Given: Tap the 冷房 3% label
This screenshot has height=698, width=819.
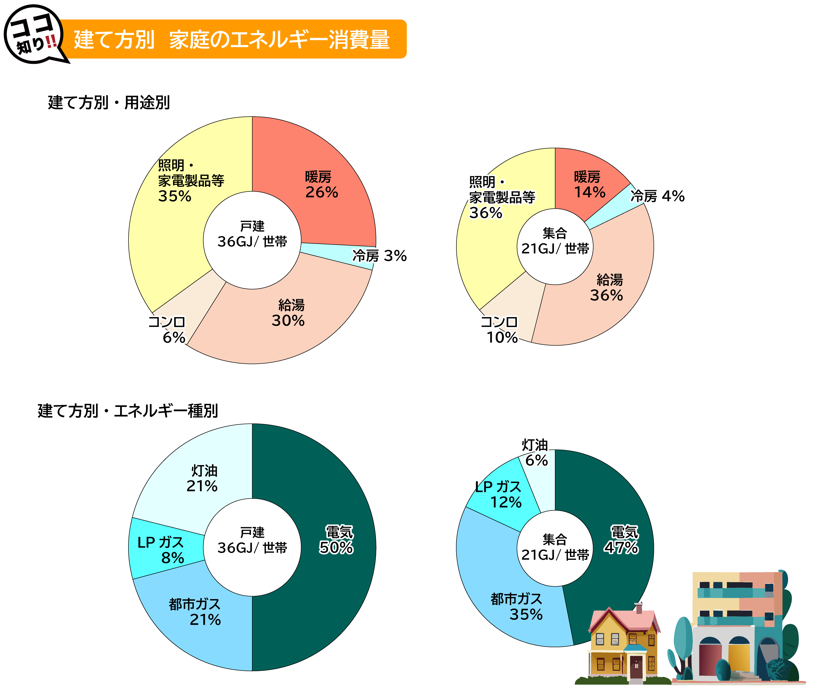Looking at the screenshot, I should coord(380,256).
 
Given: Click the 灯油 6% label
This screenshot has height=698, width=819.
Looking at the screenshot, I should coord(536,453).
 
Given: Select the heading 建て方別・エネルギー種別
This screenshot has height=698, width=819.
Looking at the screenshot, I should coord(128,411).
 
